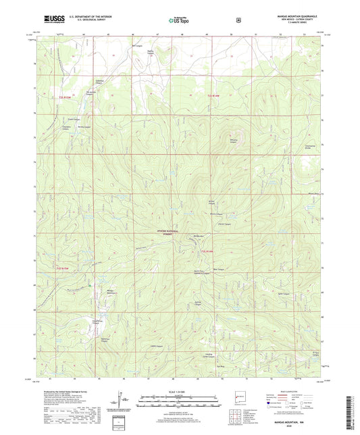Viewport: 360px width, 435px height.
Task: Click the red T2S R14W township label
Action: pyautogui.click(x=213, y=96)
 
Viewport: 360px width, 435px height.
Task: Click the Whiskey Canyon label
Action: pyautogui.click(x=235, y=141)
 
